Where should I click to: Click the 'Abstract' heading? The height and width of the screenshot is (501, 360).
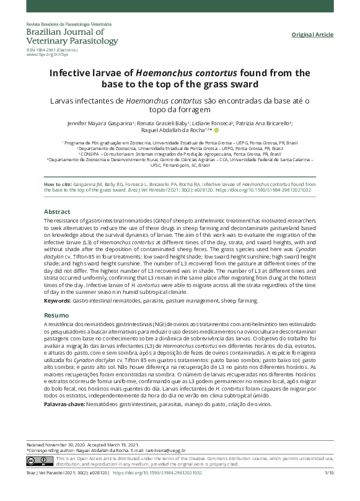(57, 211)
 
